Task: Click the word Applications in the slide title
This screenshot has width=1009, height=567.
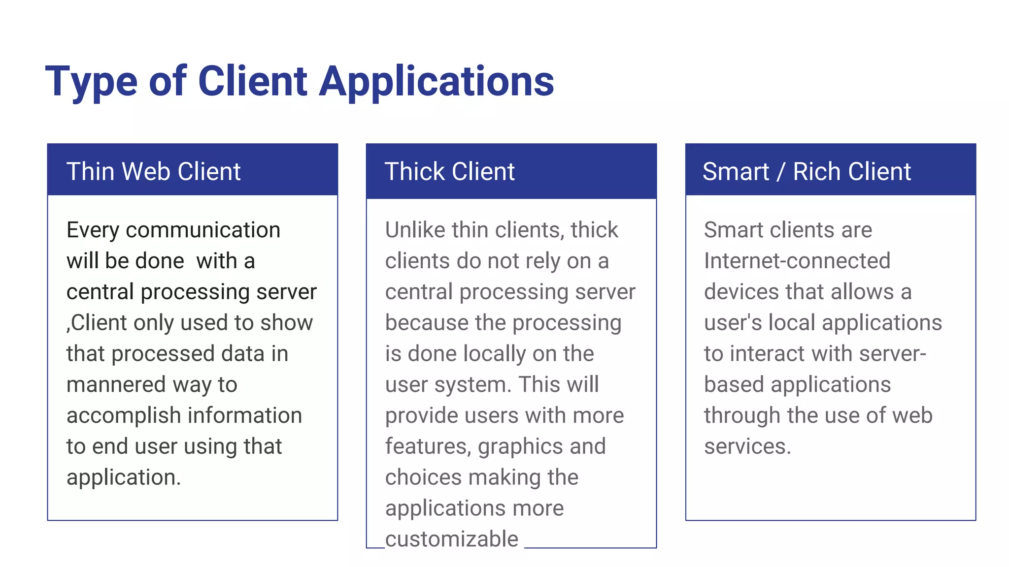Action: (436, 82)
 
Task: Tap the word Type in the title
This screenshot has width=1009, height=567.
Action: (91, 82)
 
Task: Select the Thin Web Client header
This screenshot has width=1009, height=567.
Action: (153, 172)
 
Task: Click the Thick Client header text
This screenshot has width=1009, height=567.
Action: (449, 172)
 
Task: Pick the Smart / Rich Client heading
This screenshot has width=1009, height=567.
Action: (806, 172)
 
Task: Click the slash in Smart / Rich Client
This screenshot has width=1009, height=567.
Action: (780, 172)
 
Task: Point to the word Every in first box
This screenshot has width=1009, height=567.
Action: (93, 230)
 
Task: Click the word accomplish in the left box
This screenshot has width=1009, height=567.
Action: (124, 416)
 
